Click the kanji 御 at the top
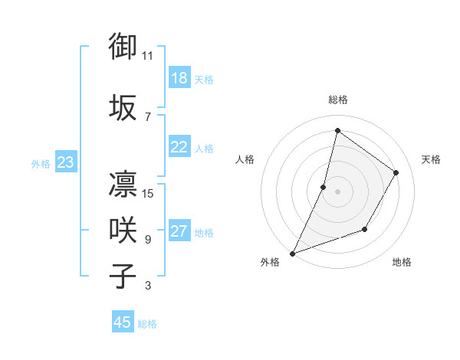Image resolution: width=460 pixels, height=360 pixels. pos(123,46)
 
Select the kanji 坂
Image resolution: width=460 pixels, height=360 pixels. pos(123,107)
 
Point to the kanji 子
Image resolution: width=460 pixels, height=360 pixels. pos(123,277)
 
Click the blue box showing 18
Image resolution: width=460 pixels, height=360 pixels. pos(179,79)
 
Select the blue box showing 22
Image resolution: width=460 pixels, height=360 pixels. pos(179,148)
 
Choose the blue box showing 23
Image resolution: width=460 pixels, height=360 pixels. pos(65,162)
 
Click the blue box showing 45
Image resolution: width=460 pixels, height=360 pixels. pos(123,322)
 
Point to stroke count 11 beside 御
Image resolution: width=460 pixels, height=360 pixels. pos(148,55)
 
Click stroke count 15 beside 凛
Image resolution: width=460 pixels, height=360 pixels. pos(149,193)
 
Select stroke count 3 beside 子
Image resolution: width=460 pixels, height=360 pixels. pos(148,286)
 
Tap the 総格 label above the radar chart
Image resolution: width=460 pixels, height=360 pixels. pos(337,100)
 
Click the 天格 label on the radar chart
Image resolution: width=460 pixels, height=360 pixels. pos(431,159)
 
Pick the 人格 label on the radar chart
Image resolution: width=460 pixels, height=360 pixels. pos(245,159)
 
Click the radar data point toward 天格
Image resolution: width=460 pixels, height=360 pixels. pos(396,172)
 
